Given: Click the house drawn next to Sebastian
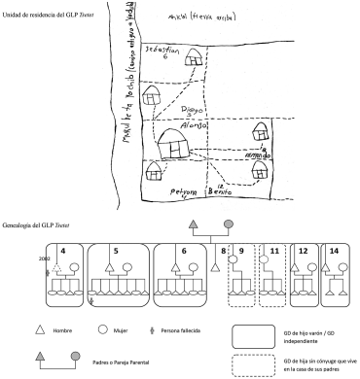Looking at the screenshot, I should point(153,94).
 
